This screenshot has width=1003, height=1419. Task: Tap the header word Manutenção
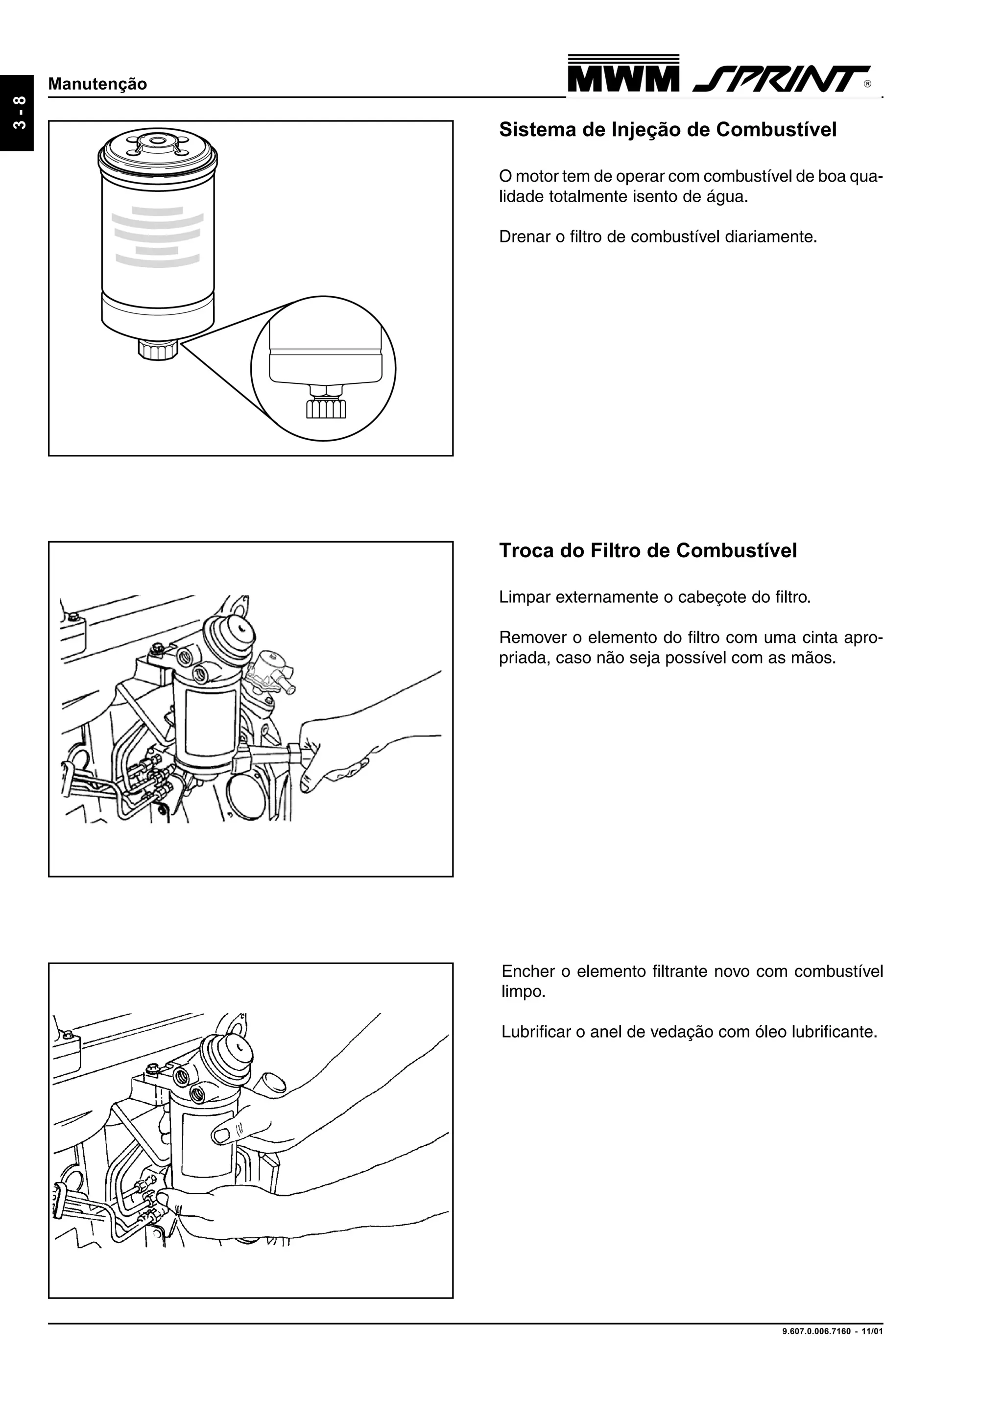tap(97, 84)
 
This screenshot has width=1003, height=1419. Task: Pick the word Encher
tap(528, 971)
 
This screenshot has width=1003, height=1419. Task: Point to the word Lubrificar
tap(535, 1032)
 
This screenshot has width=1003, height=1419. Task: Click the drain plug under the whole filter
tap(158, 351)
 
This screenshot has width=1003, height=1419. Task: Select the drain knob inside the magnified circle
tap(326, 408)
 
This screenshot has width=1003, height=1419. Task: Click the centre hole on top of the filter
tap(158, 141)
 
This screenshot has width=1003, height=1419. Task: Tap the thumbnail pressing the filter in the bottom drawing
tap(221, 1134)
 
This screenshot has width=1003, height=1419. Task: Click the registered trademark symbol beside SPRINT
tap(868, 85)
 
